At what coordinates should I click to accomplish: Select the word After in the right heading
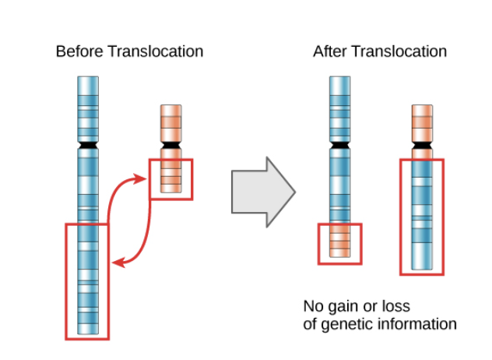(329, 51)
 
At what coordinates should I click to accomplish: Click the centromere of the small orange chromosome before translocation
(170, 145)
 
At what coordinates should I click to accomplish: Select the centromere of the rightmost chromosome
(422, 145)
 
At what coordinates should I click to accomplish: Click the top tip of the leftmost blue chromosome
(88, 78)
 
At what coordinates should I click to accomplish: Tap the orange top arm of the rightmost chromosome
(422, 122)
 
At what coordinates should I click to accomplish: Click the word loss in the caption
(395, 305)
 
